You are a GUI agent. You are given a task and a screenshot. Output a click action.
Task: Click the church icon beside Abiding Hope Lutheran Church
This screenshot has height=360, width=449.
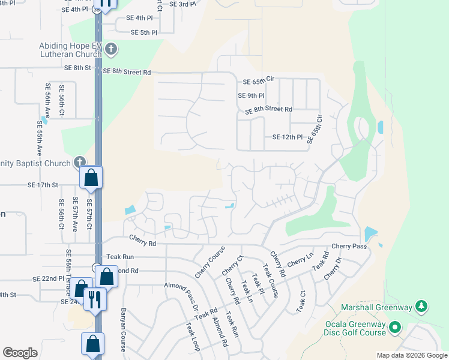[110, 49]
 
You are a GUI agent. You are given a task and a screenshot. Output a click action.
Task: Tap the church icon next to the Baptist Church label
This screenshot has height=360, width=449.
[80, 162]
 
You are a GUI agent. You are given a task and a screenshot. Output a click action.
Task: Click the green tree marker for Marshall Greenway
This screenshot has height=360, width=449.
[422, 307]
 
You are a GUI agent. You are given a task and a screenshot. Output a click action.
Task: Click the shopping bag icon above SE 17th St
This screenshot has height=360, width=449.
[91, 178]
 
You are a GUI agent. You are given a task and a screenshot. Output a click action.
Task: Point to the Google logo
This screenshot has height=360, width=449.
[20, 353]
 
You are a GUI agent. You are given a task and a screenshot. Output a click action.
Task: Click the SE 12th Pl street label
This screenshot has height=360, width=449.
[288, 137]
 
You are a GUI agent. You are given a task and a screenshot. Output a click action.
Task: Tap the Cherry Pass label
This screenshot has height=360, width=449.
[349, 247]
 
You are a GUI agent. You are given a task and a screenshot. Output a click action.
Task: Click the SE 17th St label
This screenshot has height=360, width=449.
[42, 186]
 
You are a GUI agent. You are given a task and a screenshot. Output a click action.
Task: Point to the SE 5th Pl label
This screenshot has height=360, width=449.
[143, 32]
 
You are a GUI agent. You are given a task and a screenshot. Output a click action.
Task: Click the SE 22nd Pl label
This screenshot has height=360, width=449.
[49, 279]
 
